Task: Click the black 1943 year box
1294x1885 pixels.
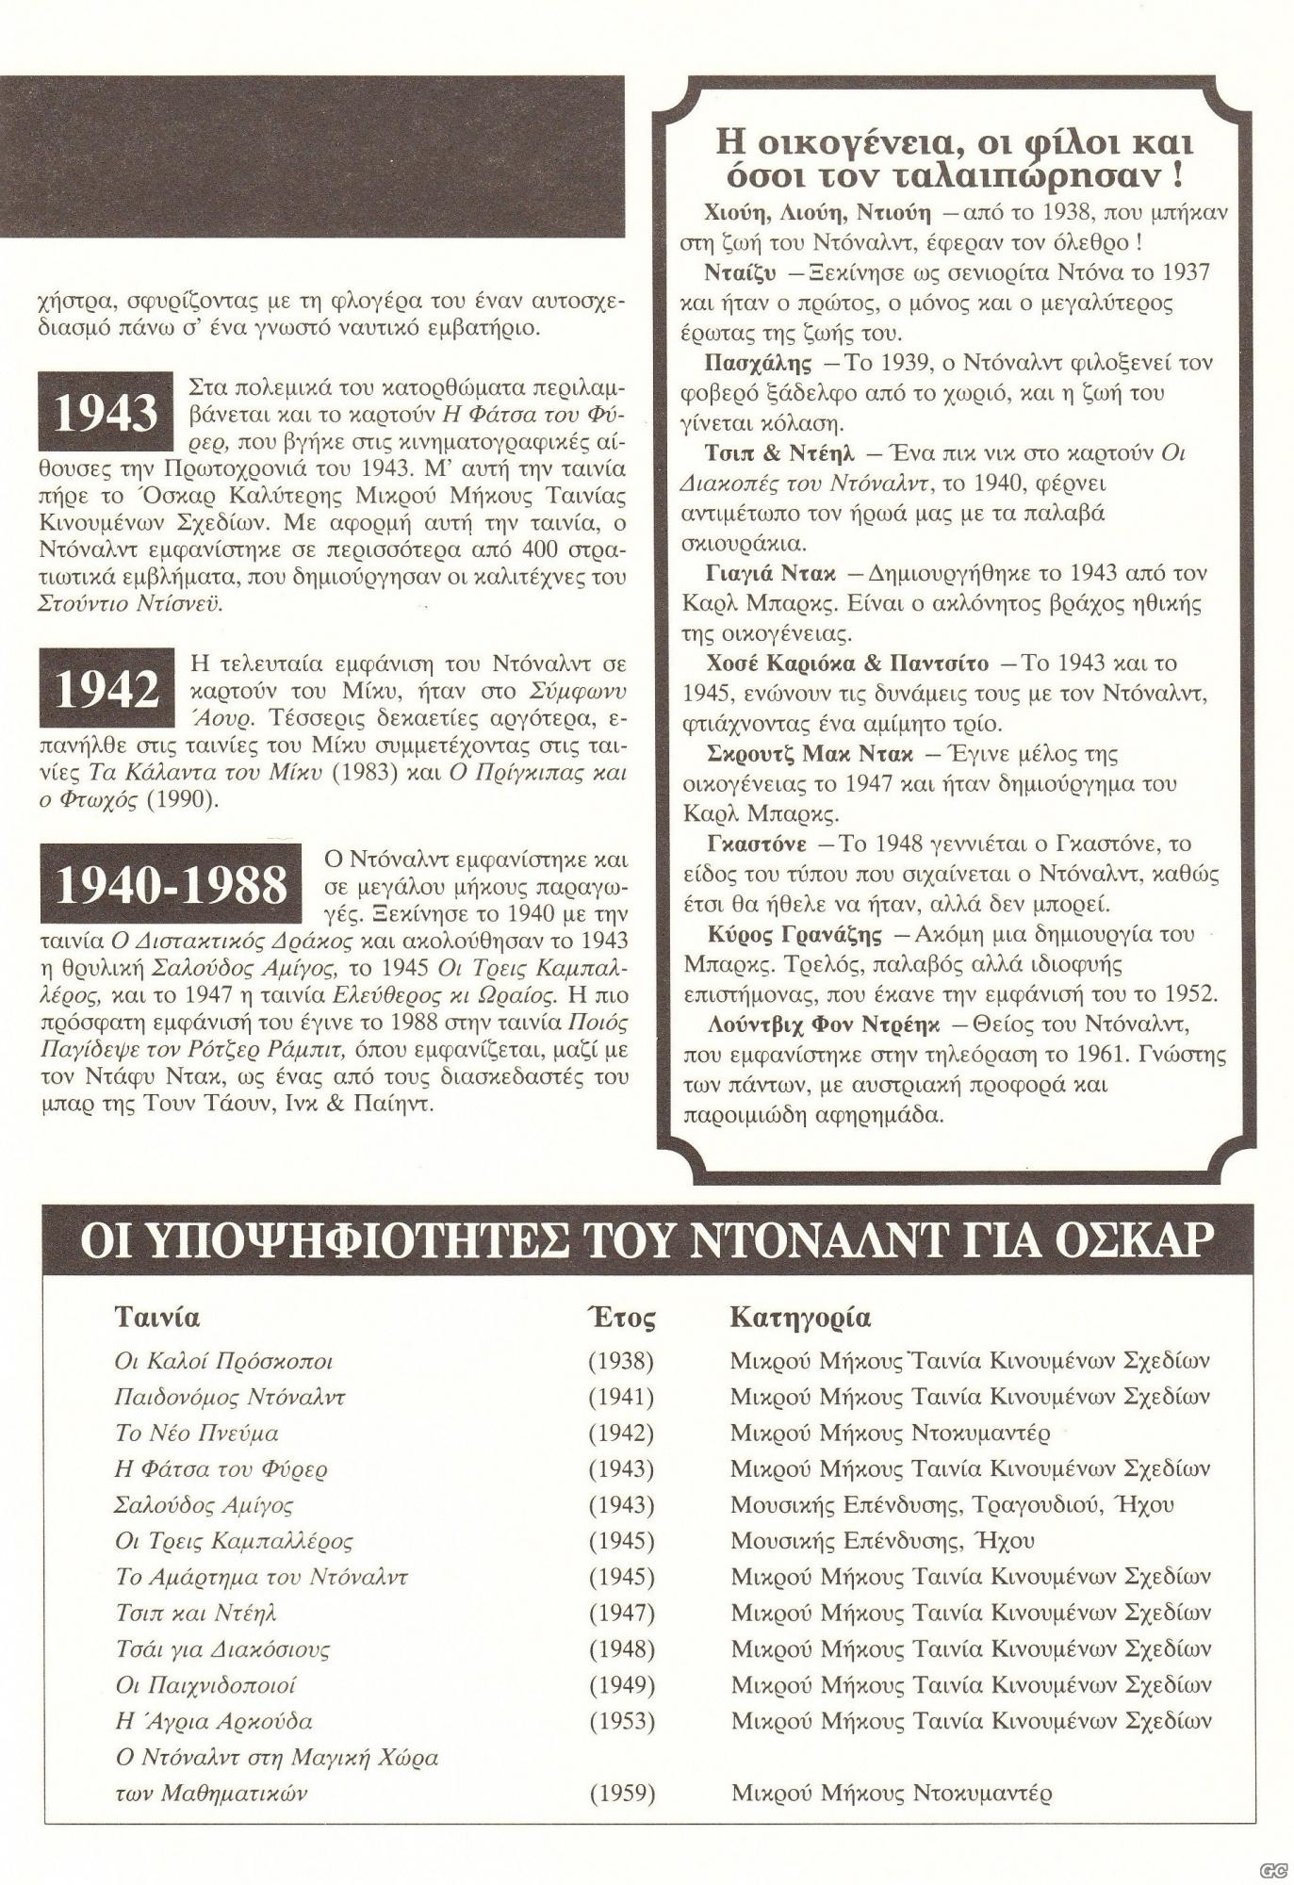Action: pos(106,412)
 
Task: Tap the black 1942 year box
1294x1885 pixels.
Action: pos(106,689)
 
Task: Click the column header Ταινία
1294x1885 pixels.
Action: pos(157,1316)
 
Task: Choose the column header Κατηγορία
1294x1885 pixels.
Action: pos(800,1317)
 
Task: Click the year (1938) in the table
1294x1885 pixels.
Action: pos(620,1361)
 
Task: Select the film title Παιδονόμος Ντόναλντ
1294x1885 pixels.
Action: pos(229,1397)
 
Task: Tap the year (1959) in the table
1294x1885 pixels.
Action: pos(620,1793)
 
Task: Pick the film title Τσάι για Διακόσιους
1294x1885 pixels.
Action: pos(222,1648)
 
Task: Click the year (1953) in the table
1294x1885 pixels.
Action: pos(620,1720)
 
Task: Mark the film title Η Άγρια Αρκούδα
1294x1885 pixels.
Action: pos(213,1721)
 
